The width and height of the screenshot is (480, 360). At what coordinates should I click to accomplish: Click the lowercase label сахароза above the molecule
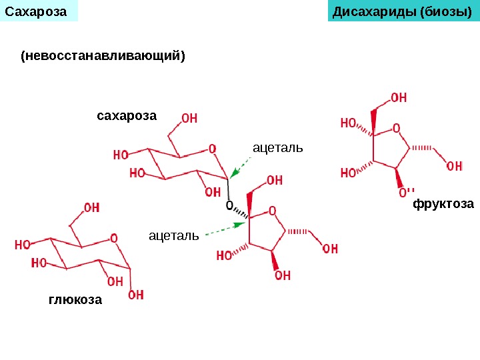[127, 116]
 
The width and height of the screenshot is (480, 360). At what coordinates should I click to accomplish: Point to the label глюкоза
[75, 300]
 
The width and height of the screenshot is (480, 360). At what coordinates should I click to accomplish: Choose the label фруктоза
[443, 203]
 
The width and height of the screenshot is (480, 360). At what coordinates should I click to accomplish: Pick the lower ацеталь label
[174, 235]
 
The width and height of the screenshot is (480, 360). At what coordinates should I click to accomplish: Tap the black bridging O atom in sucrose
[230, 206]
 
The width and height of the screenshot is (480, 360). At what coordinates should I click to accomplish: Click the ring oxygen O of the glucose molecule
[114, 237]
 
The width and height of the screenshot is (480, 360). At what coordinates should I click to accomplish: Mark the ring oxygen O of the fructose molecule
[396, 128]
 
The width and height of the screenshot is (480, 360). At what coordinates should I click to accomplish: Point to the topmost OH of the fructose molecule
[399, 98]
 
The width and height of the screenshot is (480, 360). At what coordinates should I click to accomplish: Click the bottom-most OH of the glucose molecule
[135, 295]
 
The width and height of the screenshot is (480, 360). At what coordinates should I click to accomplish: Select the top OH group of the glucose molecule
[92, 208]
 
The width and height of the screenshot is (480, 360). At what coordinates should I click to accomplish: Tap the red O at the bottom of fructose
[403, 193]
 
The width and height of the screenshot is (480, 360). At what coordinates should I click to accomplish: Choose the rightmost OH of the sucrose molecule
[330, 249]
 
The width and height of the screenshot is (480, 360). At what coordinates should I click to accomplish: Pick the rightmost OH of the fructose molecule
[454, 166]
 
